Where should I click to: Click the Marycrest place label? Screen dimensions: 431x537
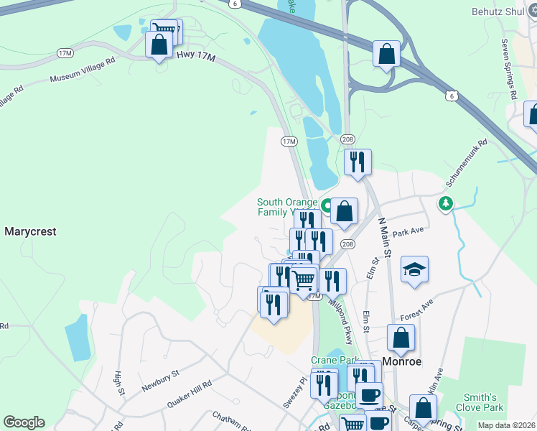(30, 232)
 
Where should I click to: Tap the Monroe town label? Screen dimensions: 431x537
(405, 362)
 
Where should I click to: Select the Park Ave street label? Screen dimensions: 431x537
(409, 232)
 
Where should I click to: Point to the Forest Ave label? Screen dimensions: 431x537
(417, 310)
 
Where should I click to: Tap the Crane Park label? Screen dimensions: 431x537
(330, 359)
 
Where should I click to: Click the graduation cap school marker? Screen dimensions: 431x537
(414, 270)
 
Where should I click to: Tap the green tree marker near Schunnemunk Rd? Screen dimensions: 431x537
(447, 205)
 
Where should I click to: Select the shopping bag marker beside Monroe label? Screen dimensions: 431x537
(401, 338)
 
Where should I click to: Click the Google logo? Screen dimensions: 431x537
(24, 422)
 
